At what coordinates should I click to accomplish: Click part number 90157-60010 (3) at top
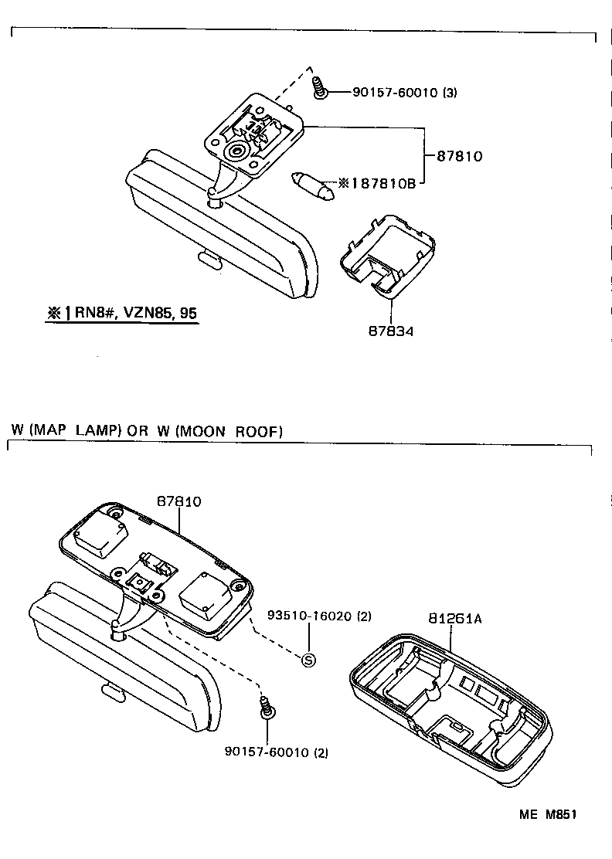point(405,93)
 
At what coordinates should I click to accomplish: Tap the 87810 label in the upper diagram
point(459,156)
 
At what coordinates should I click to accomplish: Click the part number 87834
point(391,331)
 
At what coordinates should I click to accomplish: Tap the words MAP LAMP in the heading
point(76,431)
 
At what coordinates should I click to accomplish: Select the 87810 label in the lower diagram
point(179,501)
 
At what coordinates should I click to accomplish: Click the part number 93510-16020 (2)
point(319,616)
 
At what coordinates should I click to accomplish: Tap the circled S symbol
point(308,660)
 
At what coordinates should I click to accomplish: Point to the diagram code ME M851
point(548,814)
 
